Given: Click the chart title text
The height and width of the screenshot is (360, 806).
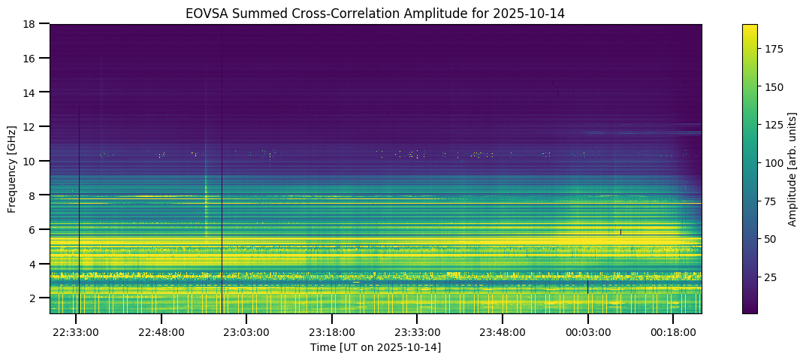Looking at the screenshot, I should pyautogui.click(x=375, y=13).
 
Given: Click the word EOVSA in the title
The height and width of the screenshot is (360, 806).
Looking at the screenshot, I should pyautogui.click(x=204, y=13).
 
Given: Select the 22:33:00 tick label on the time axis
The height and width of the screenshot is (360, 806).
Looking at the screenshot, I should pyautogui.click(x=76, y=332).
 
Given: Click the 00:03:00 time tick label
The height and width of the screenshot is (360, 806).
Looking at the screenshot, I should pyautogui.click(x=587, y=332).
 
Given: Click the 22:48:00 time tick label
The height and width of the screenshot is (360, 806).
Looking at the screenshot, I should pyautogui.click(x=162, y=332).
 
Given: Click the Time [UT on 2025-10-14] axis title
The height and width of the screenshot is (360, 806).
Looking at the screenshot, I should pyautogui.click(x=375, y=347).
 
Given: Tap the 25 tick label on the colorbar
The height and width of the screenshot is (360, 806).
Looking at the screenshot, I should pyautogui.click(x=771, y=277).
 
